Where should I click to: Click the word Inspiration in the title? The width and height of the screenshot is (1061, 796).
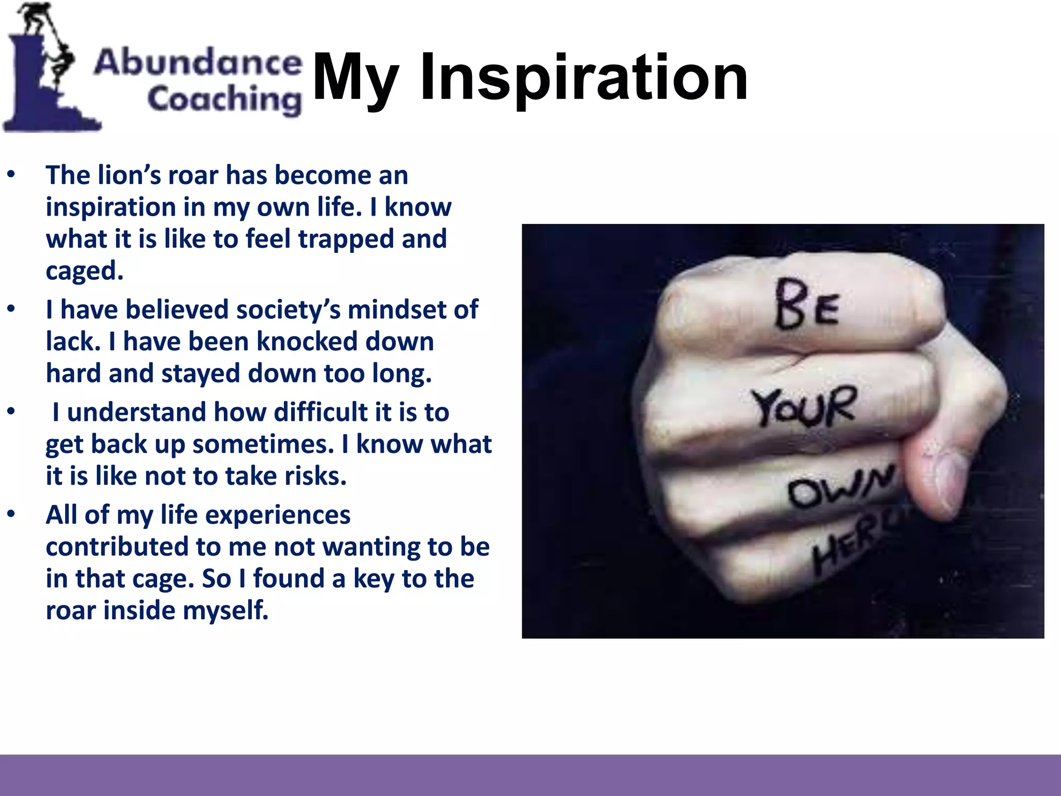(x=584, y=78)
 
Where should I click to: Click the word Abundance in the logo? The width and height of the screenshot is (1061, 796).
(x=198, y=62)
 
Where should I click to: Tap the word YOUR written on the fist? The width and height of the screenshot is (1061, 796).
(x=804, y=407)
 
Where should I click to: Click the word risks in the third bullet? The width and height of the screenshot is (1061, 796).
(x=316, y=476)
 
